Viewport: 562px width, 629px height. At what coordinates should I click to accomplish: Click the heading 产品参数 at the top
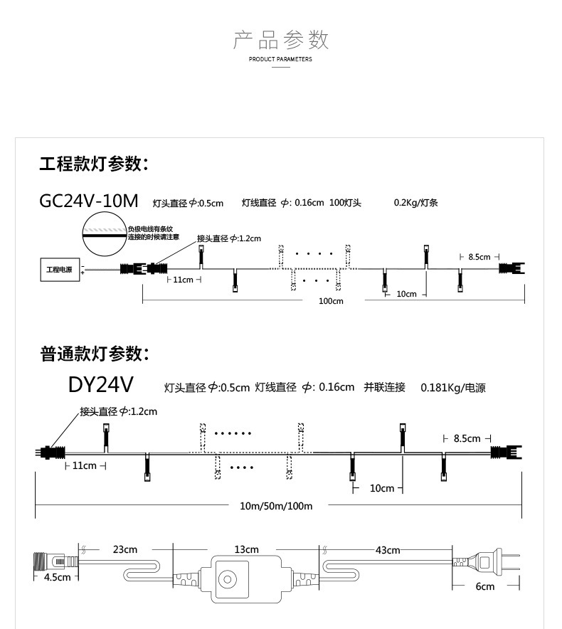coord(281,40)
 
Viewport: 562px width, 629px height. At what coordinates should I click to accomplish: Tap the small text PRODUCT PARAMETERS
coord(280,60)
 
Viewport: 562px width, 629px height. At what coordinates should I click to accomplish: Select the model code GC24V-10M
coord(89,201)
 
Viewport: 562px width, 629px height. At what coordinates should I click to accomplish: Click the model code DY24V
coord(100,385)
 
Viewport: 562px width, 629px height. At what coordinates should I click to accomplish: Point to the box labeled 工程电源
coord(59,270)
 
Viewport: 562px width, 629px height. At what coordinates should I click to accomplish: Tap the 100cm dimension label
coord(331,301)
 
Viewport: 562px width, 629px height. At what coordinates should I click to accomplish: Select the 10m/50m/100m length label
coord(276,506)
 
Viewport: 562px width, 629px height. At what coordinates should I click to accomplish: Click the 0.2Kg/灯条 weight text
coord(416,203)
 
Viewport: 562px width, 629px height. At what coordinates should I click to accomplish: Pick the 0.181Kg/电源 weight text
coord(452,388)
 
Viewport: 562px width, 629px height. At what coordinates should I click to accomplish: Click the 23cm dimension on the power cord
coord(124,549)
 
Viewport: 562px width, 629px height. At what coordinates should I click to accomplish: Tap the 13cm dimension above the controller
coord(247,549)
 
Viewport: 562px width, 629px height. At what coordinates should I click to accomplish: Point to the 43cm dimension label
coord(388,549)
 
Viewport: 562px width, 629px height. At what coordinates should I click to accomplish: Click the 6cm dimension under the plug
coord(485,586)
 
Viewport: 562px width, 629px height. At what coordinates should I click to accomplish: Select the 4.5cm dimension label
coord(58,577)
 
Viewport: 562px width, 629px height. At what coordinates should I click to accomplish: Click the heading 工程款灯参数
coord(93,164)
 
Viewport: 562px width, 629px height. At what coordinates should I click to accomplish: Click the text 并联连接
coord(384,387)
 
